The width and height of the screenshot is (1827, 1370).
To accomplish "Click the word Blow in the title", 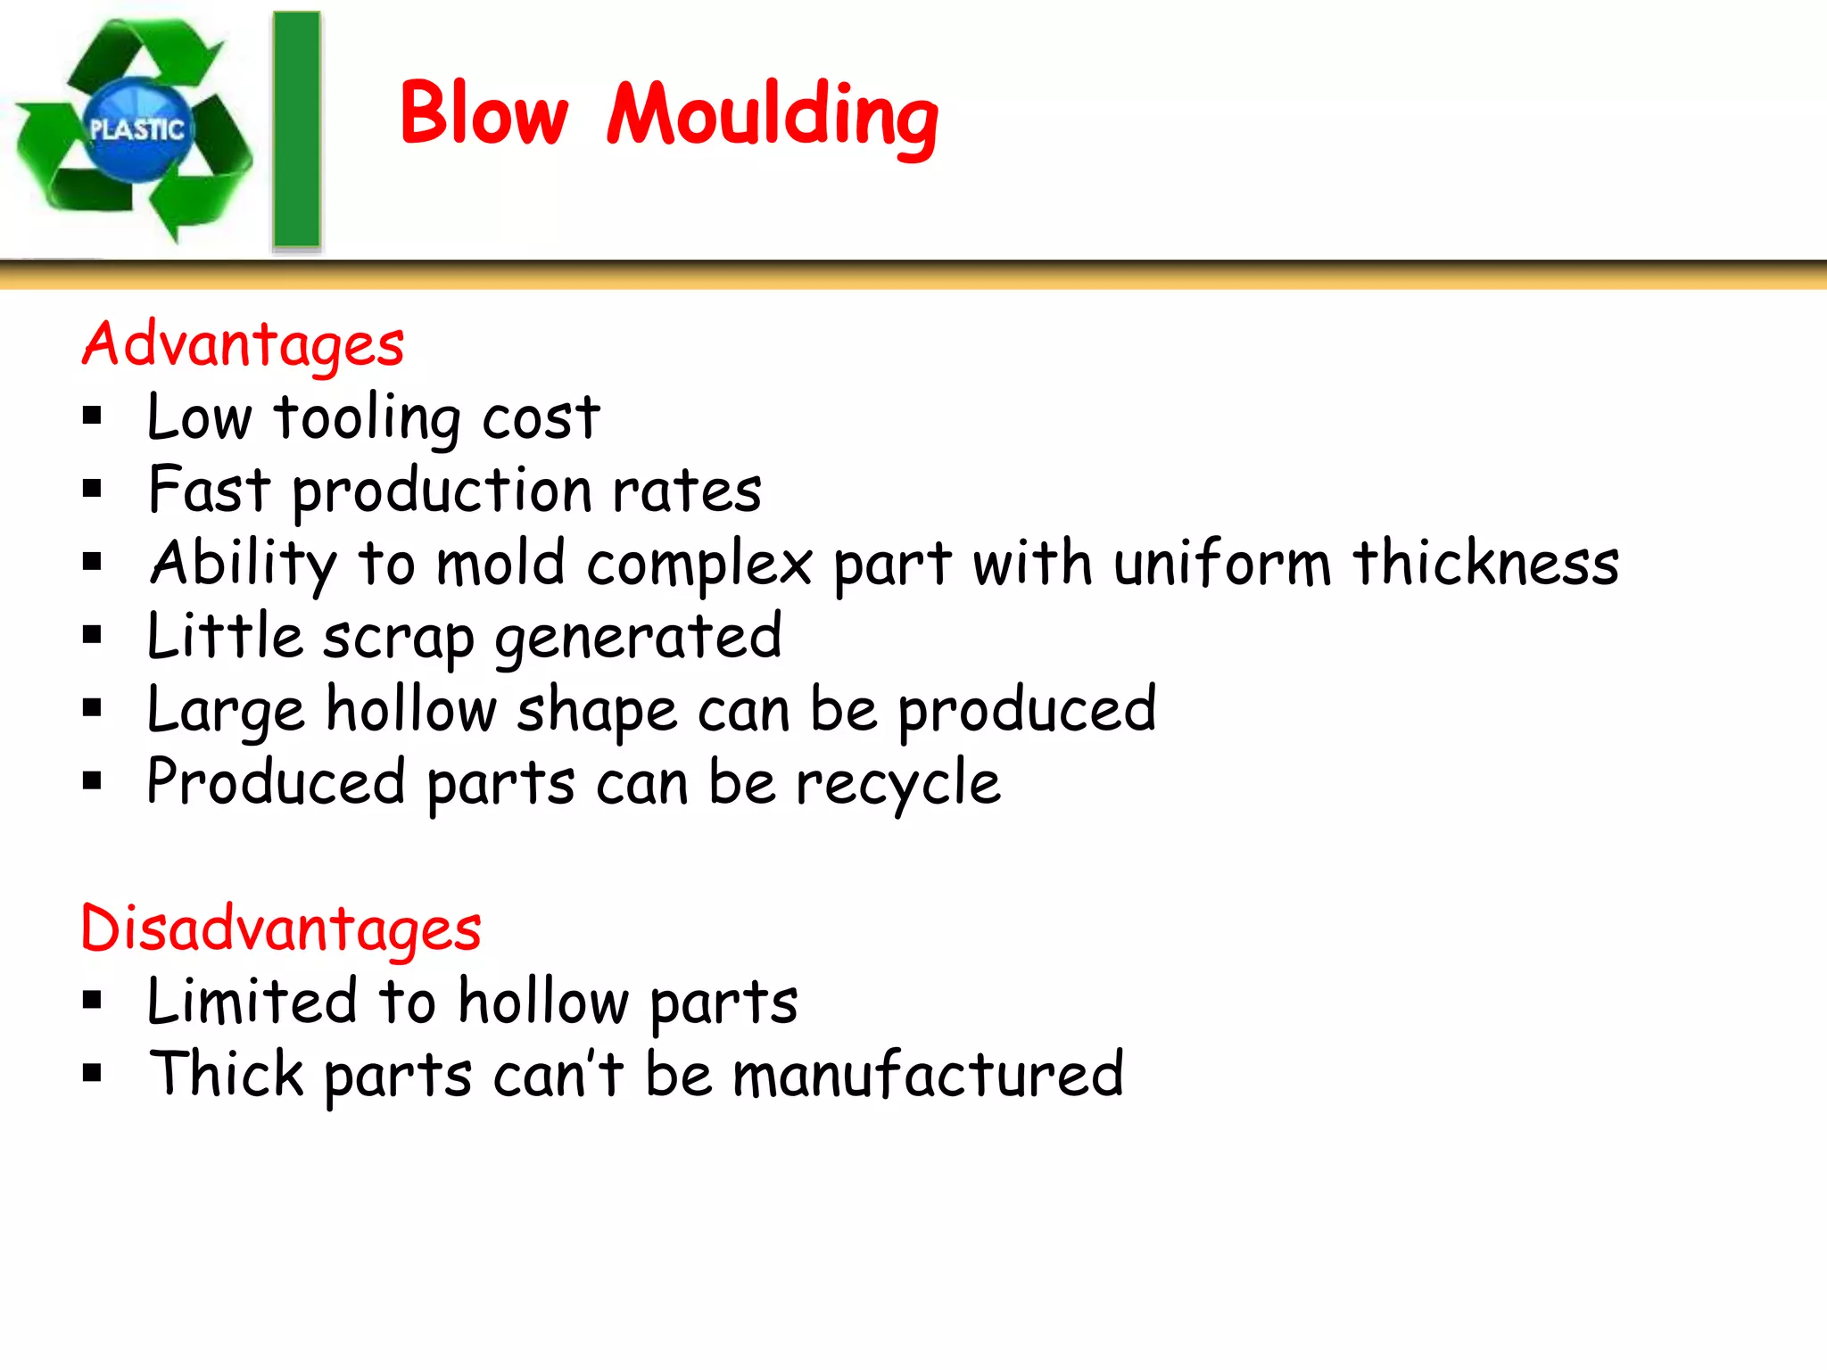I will click(x=483, y=113).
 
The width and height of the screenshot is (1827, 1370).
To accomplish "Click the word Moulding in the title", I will click(x=773, y=116).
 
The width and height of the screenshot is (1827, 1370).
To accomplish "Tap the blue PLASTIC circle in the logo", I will click(x=136, y=130).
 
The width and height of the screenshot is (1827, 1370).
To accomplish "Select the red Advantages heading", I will click(x=243, y=345).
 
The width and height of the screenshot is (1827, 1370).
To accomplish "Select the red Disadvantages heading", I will click(x=281, y=929).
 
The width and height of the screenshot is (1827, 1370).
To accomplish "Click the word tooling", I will click(x=368, y=417).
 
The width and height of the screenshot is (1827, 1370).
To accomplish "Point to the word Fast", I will click(x=209, y=490).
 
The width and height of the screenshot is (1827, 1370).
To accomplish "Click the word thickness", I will click(x=1485, y=563).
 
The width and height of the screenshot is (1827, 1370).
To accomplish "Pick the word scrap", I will click(x=398, y=638).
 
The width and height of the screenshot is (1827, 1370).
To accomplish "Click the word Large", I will click(x=226, y=711).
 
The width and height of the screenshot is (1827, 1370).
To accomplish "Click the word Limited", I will click(x=252, y=1001).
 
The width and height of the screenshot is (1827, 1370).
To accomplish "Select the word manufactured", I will click(x=928, y=1074).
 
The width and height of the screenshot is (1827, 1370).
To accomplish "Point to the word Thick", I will click(x=227, y=1074).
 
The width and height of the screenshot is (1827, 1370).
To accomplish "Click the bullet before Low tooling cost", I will click(x=92, y=416).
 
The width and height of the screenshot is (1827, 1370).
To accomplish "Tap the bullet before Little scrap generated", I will click(x=92, y=635).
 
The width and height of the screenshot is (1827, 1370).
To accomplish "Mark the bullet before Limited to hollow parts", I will click(x=92, y=1000).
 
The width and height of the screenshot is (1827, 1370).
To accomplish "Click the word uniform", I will click(x=1222, y=563).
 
